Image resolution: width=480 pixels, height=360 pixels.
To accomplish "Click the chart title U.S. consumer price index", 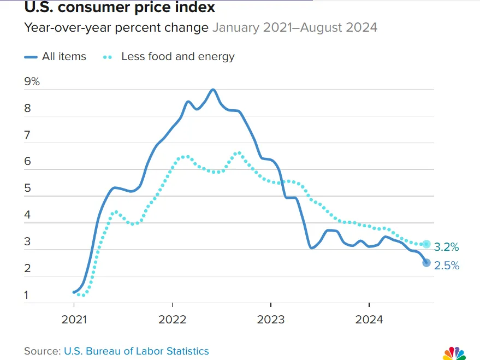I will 120,8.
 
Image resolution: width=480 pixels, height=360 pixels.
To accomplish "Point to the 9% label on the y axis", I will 32,82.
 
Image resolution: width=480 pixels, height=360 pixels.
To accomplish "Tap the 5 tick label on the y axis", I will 27,189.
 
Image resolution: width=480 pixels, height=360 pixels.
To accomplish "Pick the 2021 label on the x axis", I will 74,320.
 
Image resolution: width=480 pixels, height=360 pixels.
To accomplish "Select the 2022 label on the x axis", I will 173,320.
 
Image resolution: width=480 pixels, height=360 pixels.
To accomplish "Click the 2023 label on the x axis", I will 271,320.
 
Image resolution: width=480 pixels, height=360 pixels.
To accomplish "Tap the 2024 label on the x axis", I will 369,320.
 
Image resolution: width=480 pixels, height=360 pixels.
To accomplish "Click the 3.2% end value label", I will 446,247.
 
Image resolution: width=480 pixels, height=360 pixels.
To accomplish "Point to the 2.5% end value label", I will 446,266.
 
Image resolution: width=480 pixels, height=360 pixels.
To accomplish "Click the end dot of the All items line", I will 426,263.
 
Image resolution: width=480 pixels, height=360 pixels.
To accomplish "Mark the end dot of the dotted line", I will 426,244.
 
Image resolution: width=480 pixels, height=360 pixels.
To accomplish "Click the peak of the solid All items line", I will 213,90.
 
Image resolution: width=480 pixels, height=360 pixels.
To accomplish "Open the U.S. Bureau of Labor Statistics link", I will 136,351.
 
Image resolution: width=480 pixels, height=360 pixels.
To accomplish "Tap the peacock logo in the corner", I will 454,353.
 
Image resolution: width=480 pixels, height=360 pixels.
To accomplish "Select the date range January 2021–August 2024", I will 294,27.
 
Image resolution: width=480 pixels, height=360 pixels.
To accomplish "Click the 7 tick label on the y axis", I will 27,135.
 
